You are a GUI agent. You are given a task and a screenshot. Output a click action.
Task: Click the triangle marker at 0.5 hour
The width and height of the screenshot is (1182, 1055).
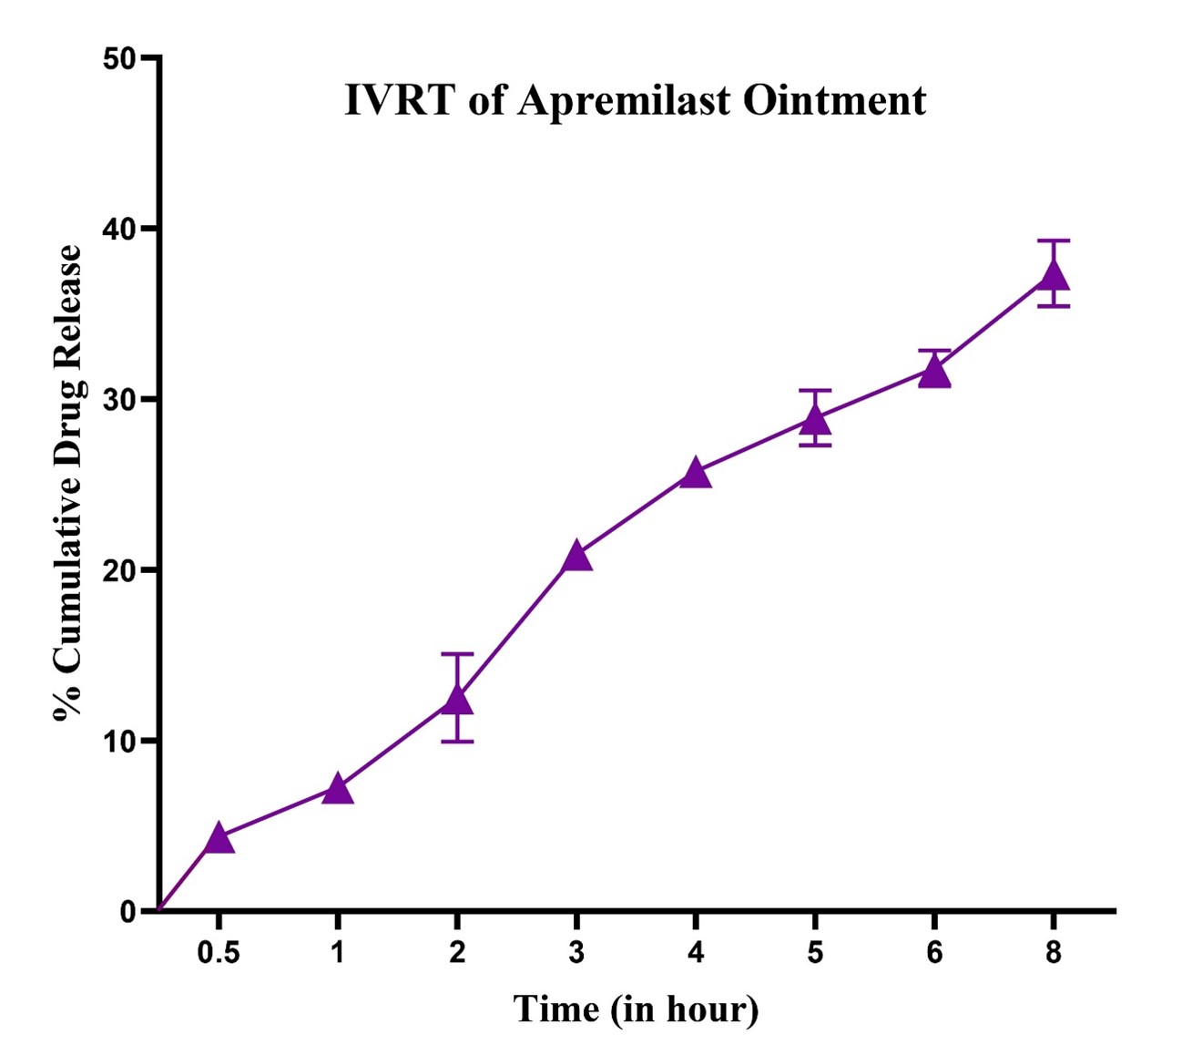coord(219,838)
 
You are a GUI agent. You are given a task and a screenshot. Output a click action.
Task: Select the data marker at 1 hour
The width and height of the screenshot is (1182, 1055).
coord(338,790)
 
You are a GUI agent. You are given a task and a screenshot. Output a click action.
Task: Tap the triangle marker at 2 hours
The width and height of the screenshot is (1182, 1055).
coord(457,700)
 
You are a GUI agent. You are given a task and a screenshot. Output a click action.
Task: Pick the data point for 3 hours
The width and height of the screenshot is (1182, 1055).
coord(576,557)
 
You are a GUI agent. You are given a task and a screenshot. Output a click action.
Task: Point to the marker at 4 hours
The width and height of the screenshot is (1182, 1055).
coord(696,474)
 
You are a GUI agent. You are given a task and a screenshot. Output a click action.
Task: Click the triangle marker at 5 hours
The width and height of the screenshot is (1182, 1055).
coord(815,420)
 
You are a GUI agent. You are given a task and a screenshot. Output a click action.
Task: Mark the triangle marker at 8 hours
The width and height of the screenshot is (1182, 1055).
coord(1054,275)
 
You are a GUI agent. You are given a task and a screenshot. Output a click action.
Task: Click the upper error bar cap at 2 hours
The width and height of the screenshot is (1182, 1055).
coord(457,654)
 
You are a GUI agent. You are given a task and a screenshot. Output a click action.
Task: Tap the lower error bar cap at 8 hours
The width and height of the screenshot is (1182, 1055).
coord(1054,306)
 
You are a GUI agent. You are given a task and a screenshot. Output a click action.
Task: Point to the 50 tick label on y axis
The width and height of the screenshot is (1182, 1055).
coord(118,59)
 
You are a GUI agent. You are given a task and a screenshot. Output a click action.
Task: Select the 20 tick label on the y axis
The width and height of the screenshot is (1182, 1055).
coord(118,570)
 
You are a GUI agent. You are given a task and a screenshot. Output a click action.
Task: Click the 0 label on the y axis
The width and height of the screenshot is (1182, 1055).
coord(127,911)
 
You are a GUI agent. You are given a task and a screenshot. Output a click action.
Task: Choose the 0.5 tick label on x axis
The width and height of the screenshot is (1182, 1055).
coord(219,953)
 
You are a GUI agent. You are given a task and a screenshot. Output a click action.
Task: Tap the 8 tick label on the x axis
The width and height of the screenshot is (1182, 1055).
coord(1054,953)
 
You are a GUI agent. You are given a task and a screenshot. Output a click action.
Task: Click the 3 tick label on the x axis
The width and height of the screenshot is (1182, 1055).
coord(576,953)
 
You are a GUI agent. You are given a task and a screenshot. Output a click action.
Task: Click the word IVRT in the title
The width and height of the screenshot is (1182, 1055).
coord(399,100)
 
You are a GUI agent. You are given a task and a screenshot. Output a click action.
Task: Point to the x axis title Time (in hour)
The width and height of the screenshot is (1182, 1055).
coord(636,1009)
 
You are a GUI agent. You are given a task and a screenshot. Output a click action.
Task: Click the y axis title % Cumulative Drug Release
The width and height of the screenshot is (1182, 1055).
coord(68,483)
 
